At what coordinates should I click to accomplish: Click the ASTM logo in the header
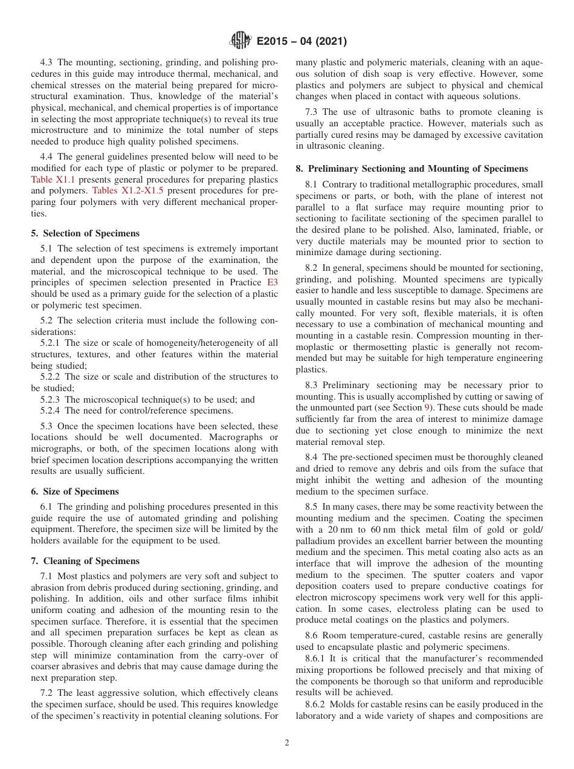[x=240, y=41]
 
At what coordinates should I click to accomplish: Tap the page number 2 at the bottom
[x=287, y=743]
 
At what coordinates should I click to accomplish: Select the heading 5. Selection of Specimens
[x=85, y=233]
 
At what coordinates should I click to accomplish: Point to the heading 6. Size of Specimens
[x=75, y=492]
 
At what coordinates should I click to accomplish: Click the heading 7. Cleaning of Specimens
[x=85, y=561]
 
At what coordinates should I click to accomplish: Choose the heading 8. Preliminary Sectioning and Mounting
[x=411, y=169]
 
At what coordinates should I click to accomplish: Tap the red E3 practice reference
[x=272, y=282]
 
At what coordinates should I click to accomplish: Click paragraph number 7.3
[x=313, y=112]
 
